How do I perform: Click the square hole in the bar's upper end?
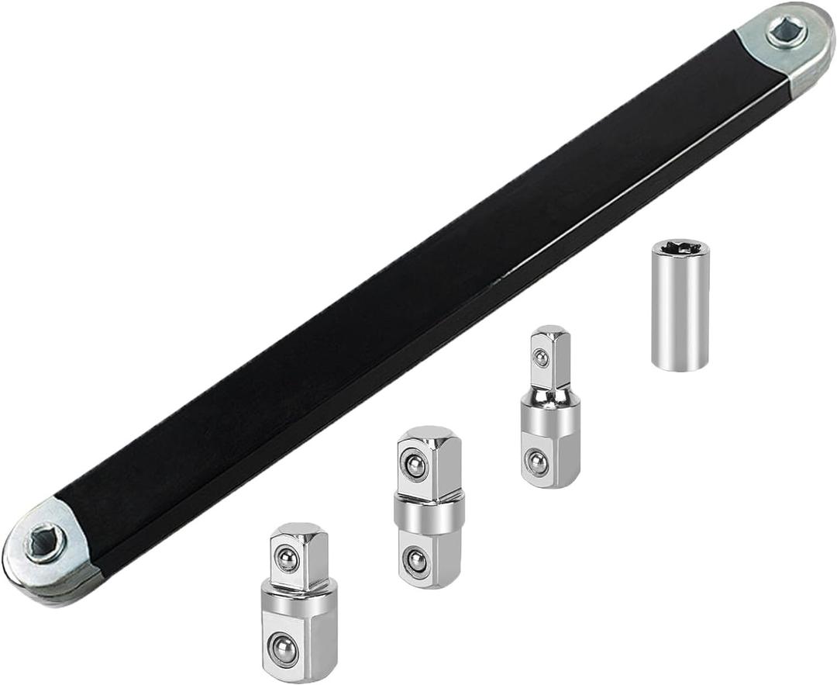pyautogui.click(x=785, y=32)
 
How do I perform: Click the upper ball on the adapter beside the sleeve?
pyautogui.click(x=539, y=358)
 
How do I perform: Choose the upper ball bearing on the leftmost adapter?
pyautogui.click(x=288, y=559)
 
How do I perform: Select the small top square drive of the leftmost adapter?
pyautogui.click(x=298, y=555)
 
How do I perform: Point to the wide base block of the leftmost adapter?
pyautogui.click(x=298, y=632)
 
